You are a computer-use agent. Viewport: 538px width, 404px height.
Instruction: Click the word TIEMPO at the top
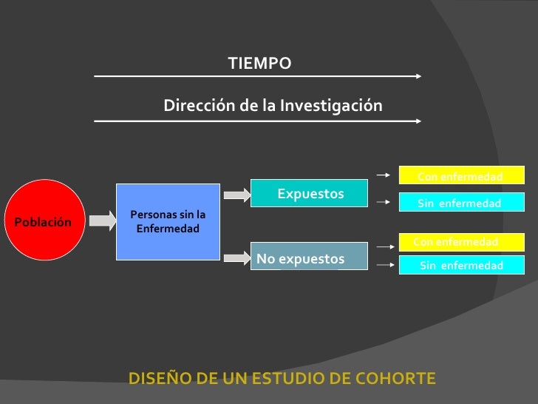tap(259, 64)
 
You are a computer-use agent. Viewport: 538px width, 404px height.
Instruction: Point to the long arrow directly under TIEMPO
tap(257, 75)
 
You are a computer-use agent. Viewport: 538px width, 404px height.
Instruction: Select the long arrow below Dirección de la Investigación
tap(257, 120)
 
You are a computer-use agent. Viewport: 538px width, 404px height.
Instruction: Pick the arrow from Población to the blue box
tap(101, 220)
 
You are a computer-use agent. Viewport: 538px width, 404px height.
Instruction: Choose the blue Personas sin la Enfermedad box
tap(168, 221)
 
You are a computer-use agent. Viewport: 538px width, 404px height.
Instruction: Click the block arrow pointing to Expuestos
tap(237, 195)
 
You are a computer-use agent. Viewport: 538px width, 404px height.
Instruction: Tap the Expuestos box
tap(310, 194)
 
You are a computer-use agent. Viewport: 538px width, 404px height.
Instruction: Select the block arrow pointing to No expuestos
tap(237, 258)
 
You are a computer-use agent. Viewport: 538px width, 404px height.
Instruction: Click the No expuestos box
tap(310, 257)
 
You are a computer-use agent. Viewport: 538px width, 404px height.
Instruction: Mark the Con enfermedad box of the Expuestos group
tap(461, 176)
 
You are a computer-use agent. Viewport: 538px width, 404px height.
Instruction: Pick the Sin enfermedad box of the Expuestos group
tap(461, 203)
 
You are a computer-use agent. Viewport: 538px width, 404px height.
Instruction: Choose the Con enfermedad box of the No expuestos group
tap(461, 242)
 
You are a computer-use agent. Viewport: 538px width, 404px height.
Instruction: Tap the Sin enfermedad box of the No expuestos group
tap(461, 266)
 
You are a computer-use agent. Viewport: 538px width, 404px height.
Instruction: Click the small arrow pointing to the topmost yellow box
tap(383, 175)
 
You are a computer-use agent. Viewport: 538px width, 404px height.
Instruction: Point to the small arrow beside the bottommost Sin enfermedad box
tap(383, 264)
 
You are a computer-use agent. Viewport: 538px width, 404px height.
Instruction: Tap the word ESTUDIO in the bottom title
tap(290, 379)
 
